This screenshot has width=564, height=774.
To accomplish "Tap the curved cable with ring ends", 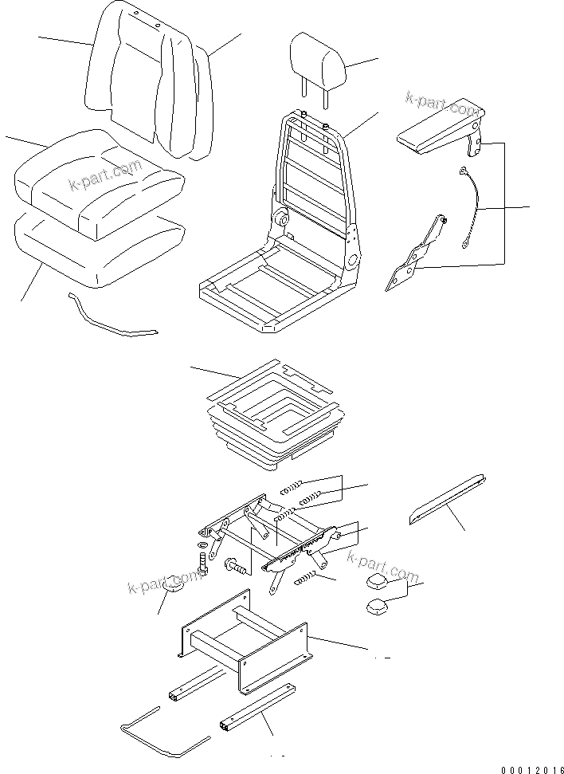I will tap(471, 206).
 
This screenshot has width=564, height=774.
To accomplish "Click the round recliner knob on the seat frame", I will tap(280, 219).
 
